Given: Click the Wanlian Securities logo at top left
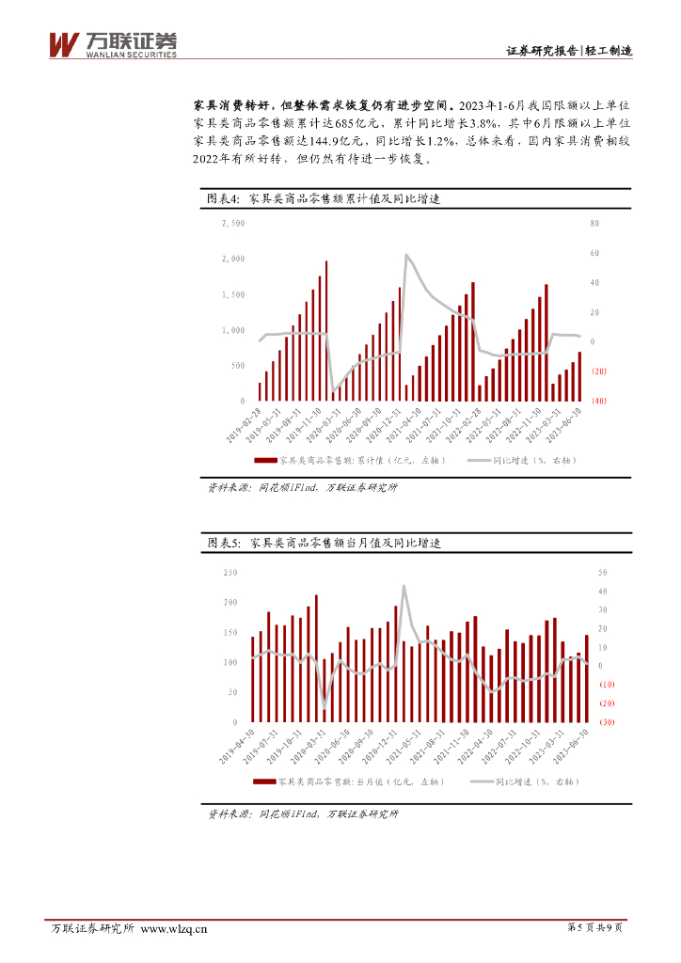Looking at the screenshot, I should coord(112,44).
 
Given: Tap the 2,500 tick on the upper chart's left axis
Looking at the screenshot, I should coord(232,223).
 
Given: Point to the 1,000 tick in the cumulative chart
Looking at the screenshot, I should coord(232,330).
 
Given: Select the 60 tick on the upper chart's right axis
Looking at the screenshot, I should coord(594,253).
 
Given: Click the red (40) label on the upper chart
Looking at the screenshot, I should coord(597,401).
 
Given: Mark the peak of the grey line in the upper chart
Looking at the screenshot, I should coord(406,255).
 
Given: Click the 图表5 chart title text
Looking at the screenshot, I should coord(324,544).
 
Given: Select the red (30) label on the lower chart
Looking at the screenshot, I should coord(607,722).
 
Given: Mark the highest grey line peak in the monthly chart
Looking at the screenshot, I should coord(404,586).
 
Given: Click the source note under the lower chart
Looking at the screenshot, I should coord(303,814).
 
